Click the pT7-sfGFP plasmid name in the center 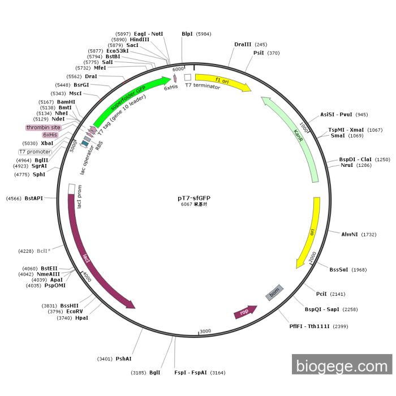coord(194,198)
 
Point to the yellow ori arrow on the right coord(308,232)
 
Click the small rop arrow coord(245,312)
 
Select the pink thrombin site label coord(43,128)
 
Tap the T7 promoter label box coord(35,152)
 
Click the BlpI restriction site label coord(187,34)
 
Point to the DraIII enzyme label coord(243,44)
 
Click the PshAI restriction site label coord(123,359)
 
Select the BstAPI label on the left coord(33,198)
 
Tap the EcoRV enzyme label coord(74,311)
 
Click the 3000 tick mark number coord(205,331)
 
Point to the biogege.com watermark coord(341,366)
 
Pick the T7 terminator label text coord(203,86)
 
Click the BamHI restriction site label coord(66,102)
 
